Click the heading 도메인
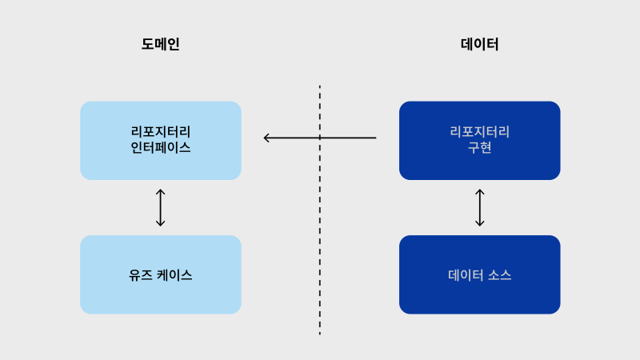pyautogui.click(x=161, y=44)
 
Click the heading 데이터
pyautogui.click(x=479, y=44)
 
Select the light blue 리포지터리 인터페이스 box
pyautogui.click(x=161, y=141)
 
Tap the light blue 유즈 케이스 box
pyautogui.click(x=161, y=274)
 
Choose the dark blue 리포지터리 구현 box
pyautogui.click(x=479, y=141)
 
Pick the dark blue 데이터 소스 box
pyautogui.click(x=479, y=274)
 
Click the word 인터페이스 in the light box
pyautogui.click(x=161, y=147)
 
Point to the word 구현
pyautogui.click(x=479, y=147)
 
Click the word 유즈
pyautogui.click(x=141, y=275)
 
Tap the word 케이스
pyautogui.click(x=174, y=275)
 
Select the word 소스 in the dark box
pyautogui.click(x=499, y=275)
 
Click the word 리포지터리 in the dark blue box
pyautogui.click(x=479, y=132)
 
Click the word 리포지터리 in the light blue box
pyautogui.click(x=161, y=132)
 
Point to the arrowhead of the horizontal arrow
pyautogui.click(x=264, y=138)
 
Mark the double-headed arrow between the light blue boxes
pyautogui.click(x=161, y=207)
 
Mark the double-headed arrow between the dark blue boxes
pyautogui.click(x=479, y=207)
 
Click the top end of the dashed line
pyautogui.click(x=319, y=86)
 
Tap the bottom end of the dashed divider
pyautogui.click(x=319, y=334)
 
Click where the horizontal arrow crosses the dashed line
pyautogui.click(x=319, y=138)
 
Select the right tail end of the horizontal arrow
pyautogui.click(x=376, y=138)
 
